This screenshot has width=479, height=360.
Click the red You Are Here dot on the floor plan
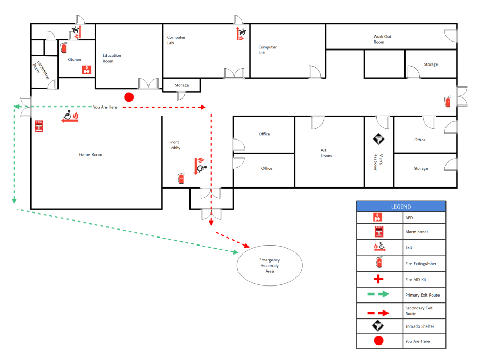tap(128, 97)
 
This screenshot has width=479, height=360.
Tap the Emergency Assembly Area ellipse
tap(269, 266)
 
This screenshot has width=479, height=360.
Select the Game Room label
tap(90, 154)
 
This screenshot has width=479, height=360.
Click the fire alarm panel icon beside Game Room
tap(38, 126)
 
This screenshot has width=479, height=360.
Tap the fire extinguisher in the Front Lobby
tap(181, 178)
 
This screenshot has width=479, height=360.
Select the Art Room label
tap(326, 153)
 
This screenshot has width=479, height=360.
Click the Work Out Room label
tap(382, 39)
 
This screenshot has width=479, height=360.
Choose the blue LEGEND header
tap(401, 207)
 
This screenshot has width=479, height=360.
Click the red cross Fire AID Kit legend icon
tap(378, 279)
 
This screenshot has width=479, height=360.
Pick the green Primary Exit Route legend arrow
tap(378, 294)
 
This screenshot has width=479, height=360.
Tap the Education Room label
tap(112, 58)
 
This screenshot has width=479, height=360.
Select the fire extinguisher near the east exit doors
tap(448, 102)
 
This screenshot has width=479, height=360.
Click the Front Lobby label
tap(175, 144)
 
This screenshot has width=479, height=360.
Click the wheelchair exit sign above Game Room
tap(70, 116)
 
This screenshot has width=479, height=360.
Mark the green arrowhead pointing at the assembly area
tap(235, 252)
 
